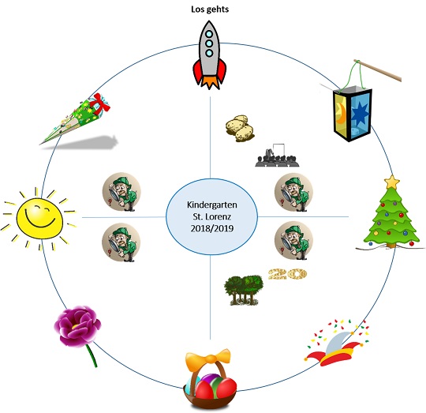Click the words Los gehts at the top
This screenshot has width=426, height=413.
tap(210, 9)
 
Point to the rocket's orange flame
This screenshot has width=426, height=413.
tap(209, 82)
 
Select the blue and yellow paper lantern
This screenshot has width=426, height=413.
tap(353, 114)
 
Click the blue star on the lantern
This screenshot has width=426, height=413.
tap(360, 112)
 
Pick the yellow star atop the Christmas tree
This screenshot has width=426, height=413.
tap(391, 182)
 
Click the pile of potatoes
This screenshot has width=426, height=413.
tap(240, 129)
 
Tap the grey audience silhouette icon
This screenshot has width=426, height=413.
tap(277, 156)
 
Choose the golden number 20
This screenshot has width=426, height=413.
tap(287, 274)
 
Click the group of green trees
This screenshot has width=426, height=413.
tap(244, 290)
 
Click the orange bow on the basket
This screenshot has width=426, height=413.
tap(207, 359)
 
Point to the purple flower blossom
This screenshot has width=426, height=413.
tap(77, 326)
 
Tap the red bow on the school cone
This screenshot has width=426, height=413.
tap(100, 103)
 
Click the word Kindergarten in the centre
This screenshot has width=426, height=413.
tap(212, 205)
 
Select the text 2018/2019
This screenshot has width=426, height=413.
tap(212, 228)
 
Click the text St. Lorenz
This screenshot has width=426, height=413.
tap(212, 216)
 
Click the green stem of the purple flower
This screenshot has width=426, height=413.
tap(92, 355)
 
